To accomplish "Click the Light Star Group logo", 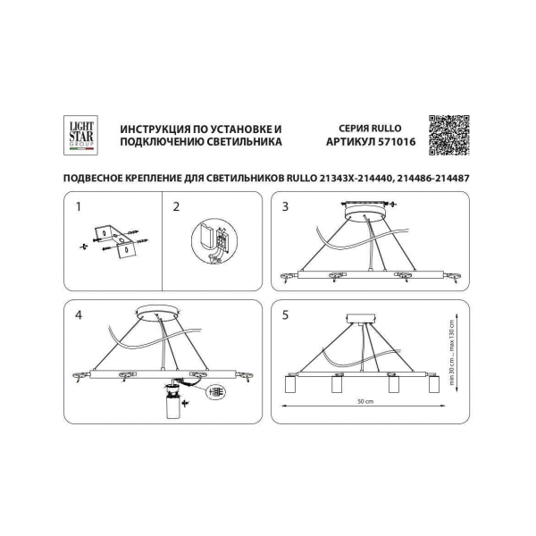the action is (80, 136).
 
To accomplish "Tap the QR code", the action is (449, 136).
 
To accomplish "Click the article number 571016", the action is (397, 142).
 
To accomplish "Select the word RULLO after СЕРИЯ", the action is (386, 129).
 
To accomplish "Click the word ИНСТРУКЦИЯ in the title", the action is (155, 130).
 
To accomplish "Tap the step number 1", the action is (79, 207).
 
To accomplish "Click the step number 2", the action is (176, 207).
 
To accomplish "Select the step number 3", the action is (285, 207).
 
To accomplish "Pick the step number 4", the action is (79, 314).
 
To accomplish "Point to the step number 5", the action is (285, 314).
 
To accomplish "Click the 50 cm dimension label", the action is (365, 402).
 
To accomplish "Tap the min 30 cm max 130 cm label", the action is (452, 353).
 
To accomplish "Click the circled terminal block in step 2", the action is (214, 241).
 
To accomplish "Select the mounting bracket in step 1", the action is (116, 241).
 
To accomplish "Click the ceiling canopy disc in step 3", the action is (365, 214).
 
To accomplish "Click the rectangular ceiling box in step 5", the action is (361, 319).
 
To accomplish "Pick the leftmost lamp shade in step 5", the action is (290, 384).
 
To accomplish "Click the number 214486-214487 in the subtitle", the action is (432, 178).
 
